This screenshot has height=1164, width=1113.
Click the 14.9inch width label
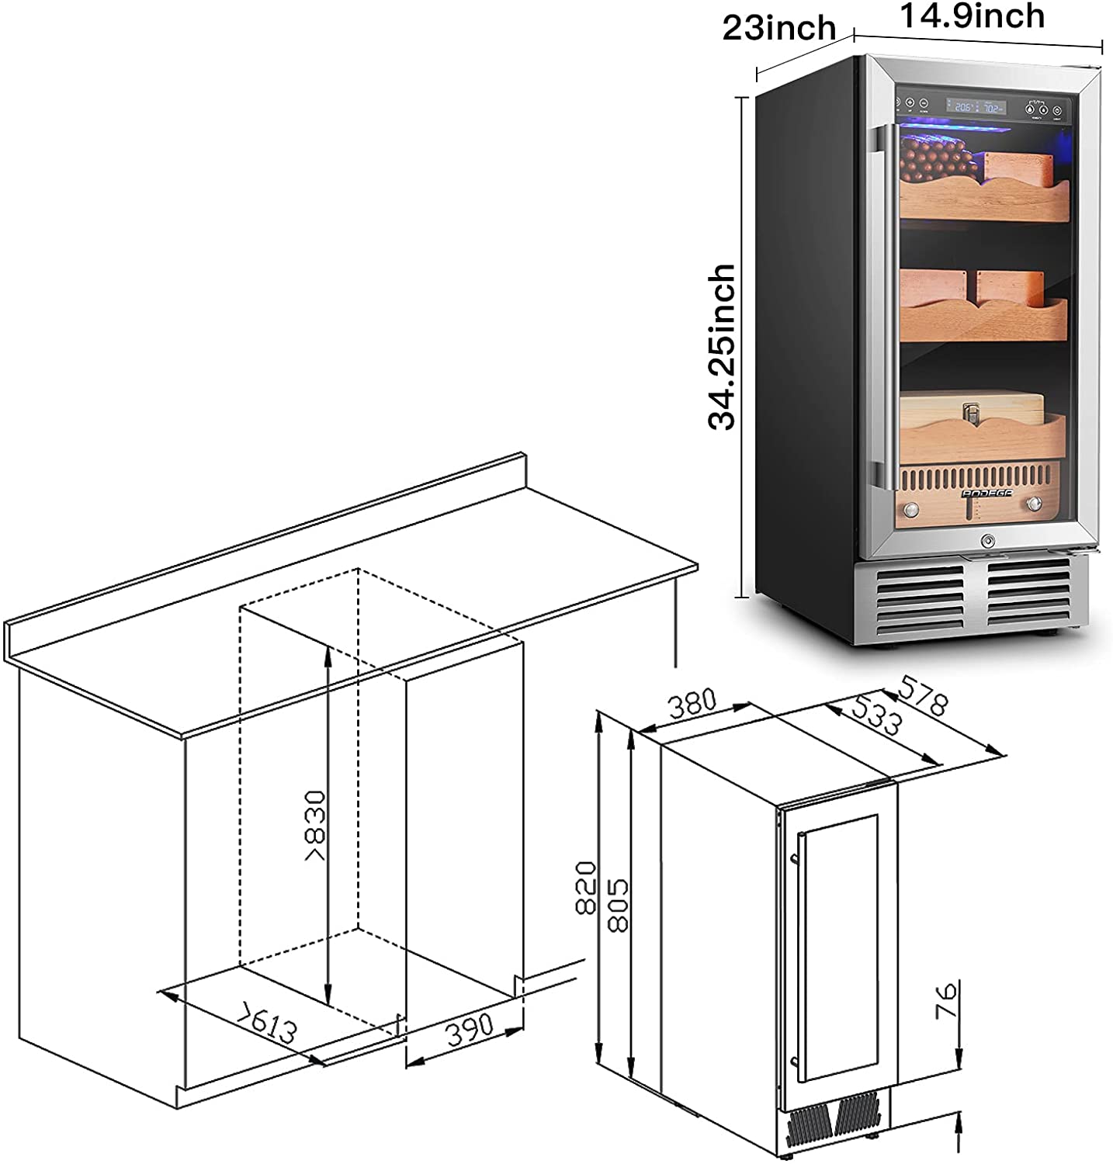point(972,16)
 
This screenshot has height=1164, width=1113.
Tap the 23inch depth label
point(778,29)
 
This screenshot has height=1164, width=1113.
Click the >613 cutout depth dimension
point(268,1023)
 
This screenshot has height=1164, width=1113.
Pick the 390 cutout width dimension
point(470,1028)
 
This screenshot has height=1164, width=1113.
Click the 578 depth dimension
point(923,695)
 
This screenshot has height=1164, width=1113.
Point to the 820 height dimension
point(586,887)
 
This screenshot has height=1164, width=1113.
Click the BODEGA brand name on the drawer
point(976,490)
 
